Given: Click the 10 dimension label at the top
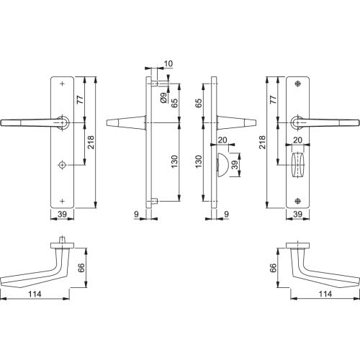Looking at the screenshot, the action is [168, 64].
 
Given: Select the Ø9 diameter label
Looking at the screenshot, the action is [164, 98].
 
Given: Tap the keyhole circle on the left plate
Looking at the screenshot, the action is [63, 165].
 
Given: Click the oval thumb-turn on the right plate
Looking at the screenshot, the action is [297, 165].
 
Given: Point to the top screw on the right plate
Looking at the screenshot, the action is [298, 84].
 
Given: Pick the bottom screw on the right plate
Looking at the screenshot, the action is [298, 201].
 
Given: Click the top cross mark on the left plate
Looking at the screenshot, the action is [63, 84].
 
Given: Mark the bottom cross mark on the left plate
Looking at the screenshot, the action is [63, 201].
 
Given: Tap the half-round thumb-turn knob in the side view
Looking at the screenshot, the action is [221, 165].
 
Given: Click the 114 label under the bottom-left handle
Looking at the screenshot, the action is [35, 294].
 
